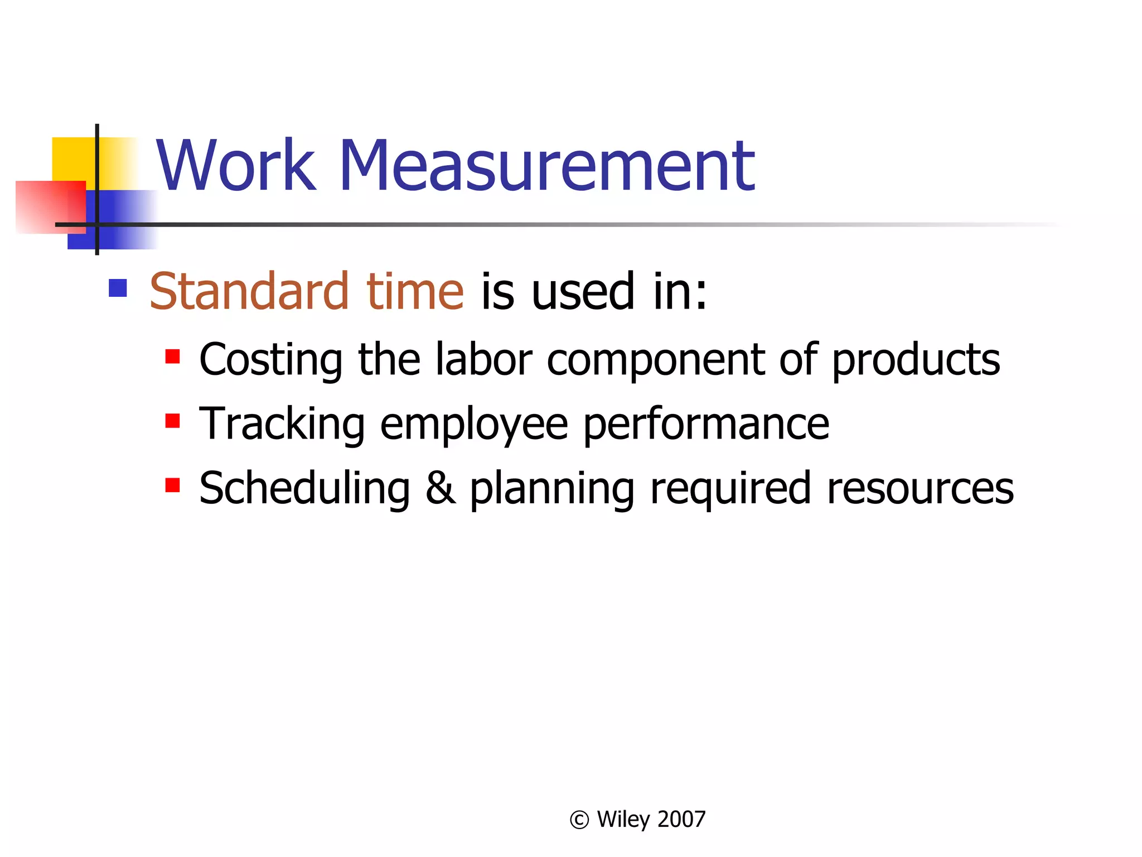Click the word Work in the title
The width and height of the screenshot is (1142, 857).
point(235,166)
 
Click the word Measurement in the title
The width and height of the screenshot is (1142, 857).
point(546,166)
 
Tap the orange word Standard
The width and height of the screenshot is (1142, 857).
point(249,291)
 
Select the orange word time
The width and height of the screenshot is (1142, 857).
point(415,291)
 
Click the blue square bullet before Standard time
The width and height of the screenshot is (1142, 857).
point(118,288)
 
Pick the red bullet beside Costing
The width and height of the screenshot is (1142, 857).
point(172,356)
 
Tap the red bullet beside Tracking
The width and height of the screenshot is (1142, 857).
point(172,421)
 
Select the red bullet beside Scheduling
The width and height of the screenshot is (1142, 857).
point(172,485)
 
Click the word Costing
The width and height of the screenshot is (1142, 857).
point(271,360)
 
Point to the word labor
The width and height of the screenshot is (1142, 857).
point(483,359)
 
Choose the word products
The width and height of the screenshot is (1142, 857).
point(916,360)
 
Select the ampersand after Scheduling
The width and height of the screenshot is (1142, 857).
point(440,488)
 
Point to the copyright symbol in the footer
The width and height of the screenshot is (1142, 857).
point(579,820)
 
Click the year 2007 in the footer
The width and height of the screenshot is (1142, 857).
point(681,819)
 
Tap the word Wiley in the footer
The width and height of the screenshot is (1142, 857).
point(623,819)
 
